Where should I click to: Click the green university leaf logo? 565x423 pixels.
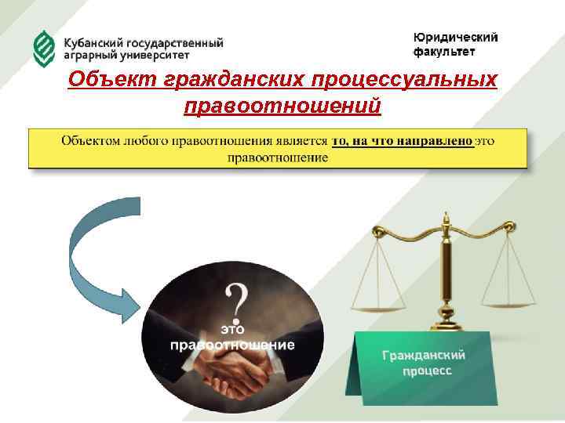43,49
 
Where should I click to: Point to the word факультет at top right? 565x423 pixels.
443,52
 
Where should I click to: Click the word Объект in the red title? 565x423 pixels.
109,80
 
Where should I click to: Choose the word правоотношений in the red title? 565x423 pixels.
282,104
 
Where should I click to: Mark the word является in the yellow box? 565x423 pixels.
301,141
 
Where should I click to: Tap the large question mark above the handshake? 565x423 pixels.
237,300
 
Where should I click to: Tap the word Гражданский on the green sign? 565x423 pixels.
423,355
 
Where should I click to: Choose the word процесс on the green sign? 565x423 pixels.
428,371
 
